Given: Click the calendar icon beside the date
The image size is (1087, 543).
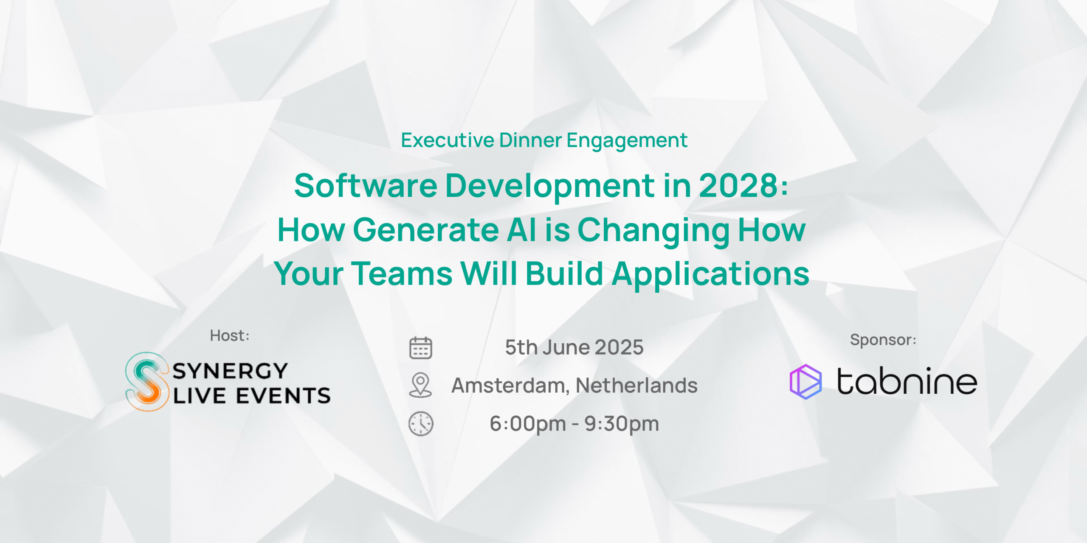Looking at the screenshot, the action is pyautogui.click(x=420, y=348).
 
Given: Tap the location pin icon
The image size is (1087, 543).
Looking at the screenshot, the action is pyautogui.click(x=420, y=385).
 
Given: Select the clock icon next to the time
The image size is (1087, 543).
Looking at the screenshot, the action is pyautogui.click(x=421, y=423).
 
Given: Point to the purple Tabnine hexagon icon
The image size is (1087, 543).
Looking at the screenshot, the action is pyautogui.click(x=805, y=382).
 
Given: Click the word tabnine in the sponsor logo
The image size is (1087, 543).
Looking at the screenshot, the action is pyautogui.click(x=907, y=381).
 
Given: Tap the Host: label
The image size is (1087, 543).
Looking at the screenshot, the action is pyautogui.click(x=230, y=336).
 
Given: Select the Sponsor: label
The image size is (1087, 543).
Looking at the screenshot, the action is pyautogui.click(x=883, y=340).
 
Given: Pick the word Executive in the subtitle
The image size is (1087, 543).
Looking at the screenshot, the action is pyautogui.click(x=448, y=140).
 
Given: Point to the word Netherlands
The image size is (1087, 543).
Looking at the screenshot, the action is pyautogui.click(x=636, y=385).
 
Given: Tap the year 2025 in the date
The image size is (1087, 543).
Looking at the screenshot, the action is pyautogui.click(x=619, y=347).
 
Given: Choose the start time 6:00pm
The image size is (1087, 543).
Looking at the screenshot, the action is pyautogui.click(x=528, y=424).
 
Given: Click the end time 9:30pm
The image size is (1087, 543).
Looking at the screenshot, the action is pyautogui.click(x=622, y=424).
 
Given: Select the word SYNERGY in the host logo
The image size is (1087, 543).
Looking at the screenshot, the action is pyautogui.click(x=231, y=371).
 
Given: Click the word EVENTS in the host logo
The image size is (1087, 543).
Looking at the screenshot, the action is pyautogui.click(x=283, y=396).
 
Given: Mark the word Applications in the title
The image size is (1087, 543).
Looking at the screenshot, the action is pyautogui.click(x=710, y=274).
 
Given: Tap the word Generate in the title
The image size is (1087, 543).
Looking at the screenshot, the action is pyautogui.click(x=426, y=230).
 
